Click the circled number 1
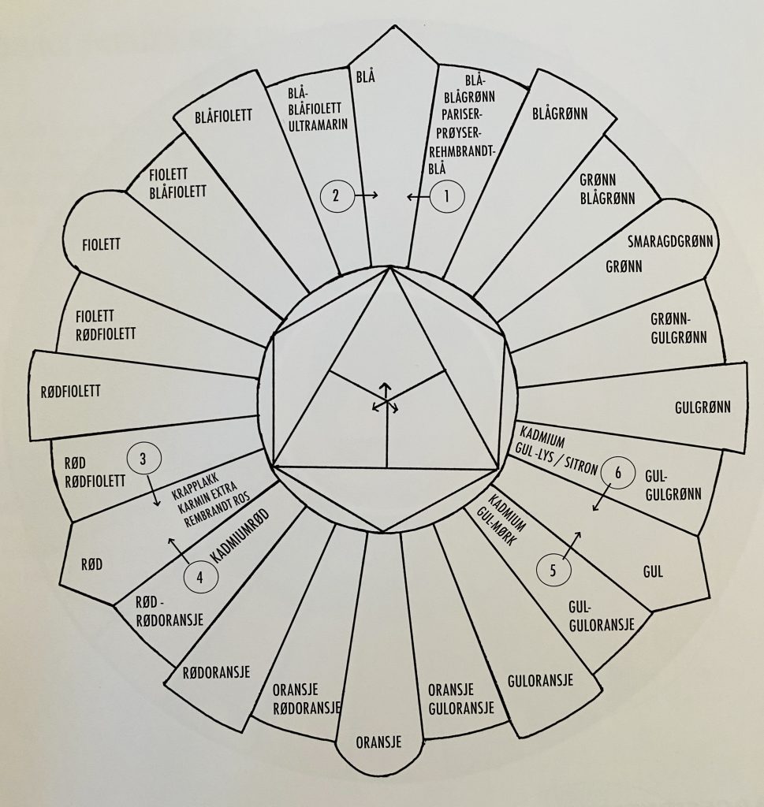click(x=447, y=195)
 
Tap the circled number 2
click(x=337, y=195)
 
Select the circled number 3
click(x=143, y=458)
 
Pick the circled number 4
click(x=200, y=577)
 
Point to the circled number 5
click(x=553, y=571)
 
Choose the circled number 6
click(x=618, y=472)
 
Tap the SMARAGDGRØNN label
click(x=670, y=241)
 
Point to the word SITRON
click(x=580, y=465)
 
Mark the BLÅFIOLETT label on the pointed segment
click(x=223, y=116)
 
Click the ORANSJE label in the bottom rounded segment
click(x=378, y=742)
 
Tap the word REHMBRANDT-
click(x=462, y=152)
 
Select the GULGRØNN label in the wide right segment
click(x=703, y=407)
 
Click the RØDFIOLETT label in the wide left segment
click(x=70, y=391)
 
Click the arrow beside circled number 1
click(x=418, y=196)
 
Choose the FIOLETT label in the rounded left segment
click(x=102, y=244)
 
